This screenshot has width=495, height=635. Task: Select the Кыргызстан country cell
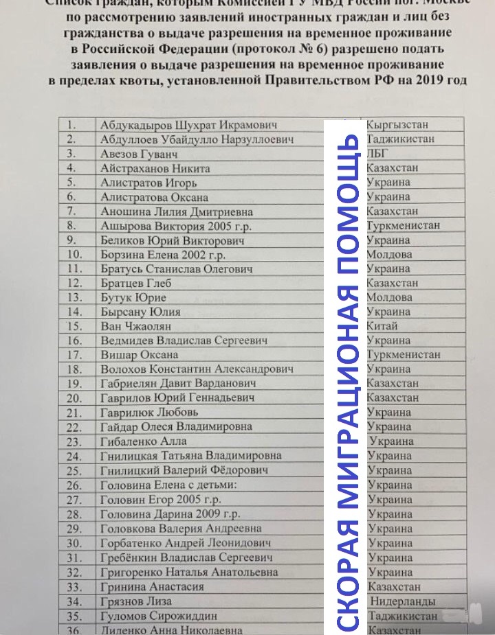397,125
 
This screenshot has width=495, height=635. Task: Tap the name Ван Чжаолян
136,326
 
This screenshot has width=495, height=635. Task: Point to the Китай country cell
382,326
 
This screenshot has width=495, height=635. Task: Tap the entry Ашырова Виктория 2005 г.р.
167,226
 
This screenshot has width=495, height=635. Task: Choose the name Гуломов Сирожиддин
159,616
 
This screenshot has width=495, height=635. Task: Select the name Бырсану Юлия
135,312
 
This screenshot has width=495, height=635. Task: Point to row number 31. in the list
75,557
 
